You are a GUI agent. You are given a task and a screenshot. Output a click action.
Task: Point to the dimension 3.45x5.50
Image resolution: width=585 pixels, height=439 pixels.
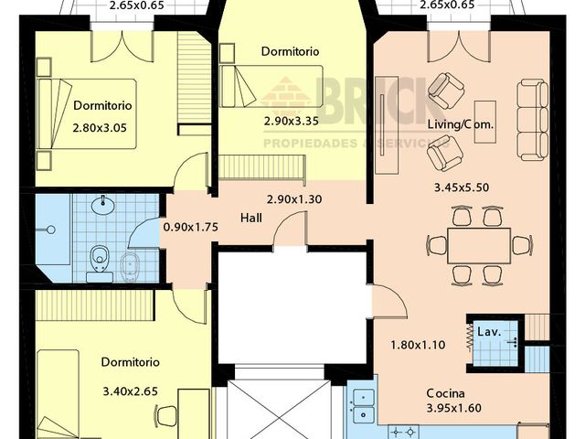[x=460, y=187]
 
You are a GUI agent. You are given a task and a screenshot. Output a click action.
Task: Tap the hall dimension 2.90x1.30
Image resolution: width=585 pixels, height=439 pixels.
[x=295, y=199]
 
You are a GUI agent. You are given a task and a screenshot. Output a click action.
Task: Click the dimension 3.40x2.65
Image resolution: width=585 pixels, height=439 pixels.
[x=130, y=391]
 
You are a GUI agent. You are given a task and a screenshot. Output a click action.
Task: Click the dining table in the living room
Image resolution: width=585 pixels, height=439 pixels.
[x=479, y=244]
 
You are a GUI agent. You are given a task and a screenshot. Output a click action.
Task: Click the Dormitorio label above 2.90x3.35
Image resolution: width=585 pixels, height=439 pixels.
[x=290, y=52]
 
